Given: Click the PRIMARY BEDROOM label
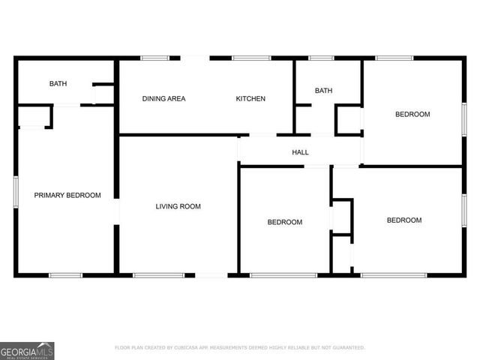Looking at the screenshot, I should (x=67, y=195).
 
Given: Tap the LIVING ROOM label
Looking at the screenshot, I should (x=178, y=206).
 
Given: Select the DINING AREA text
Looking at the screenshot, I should (x=164, y=99).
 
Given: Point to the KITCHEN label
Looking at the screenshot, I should (x=250, y=99).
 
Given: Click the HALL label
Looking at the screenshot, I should (x=300, y=152).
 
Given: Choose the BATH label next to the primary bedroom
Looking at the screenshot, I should (x=58, y=84).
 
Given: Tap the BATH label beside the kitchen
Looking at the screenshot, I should (x=323, y=91).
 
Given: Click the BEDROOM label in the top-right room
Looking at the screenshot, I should (x=412, y=114).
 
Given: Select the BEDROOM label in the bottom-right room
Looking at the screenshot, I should (x=403, y=220).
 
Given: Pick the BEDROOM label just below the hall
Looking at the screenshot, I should (x=285, y=222).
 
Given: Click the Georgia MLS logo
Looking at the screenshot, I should (x=27, y=350).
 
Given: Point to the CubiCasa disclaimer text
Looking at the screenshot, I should (x=240, y=348).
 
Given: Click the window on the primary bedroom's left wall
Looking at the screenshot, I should (x=16, y=189).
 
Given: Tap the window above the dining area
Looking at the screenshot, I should (x=154, y=58).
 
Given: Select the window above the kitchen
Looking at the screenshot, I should (x=245, y=58).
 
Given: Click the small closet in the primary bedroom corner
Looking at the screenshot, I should (x=33, y=118).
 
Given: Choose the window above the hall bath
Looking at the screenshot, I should (x=321, y=58).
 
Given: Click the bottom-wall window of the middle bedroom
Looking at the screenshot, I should (x=272, y=275).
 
